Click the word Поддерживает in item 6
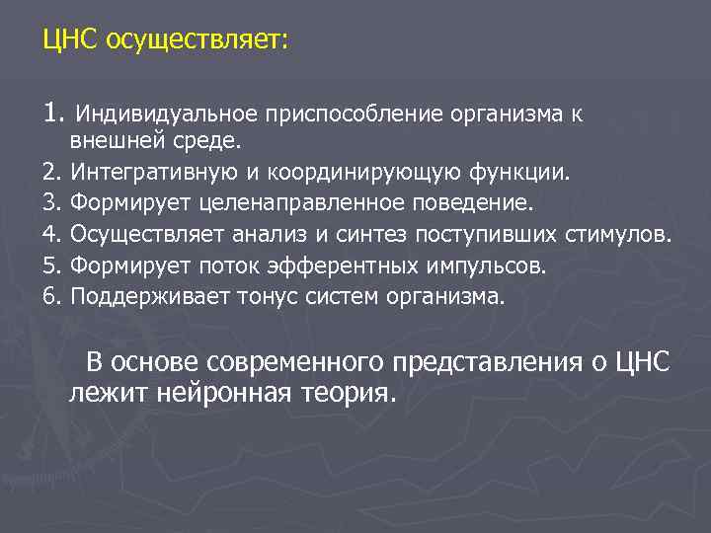[x=151, y=296]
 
